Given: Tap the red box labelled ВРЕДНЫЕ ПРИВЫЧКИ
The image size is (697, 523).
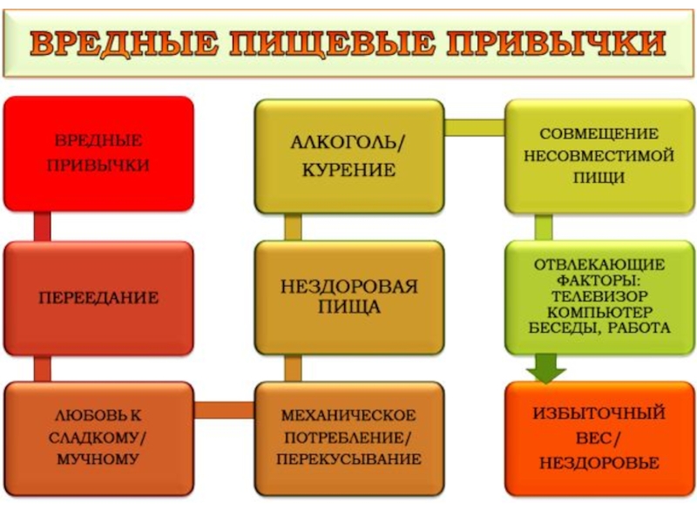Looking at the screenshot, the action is tap(98, 153).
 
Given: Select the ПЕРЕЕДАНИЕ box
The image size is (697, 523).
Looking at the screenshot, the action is tap(98, 298).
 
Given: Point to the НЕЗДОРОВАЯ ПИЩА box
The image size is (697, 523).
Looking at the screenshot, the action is tap(348, 296).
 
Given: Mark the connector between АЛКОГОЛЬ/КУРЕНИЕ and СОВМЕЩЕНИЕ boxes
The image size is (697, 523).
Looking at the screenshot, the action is tap(474, 127).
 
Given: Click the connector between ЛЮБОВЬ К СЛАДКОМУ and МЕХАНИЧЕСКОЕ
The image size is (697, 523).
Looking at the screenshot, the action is tap(224, 410).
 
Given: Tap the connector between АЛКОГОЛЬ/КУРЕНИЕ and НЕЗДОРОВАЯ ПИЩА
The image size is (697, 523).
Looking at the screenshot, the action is tap(293, 227).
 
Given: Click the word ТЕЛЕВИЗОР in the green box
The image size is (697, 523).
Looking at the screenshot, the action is tap(599, 295).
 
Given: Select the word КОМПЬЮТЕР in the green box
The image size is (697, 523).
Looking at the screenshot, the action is tap(599, 312).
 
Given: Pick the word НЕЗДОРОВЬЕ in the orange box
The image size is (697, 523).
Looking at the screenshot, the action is tap(599, 463).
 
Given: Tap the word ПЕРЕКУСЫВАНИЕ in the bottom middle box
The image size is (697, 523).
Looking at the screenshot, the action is tap(348, 458).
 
